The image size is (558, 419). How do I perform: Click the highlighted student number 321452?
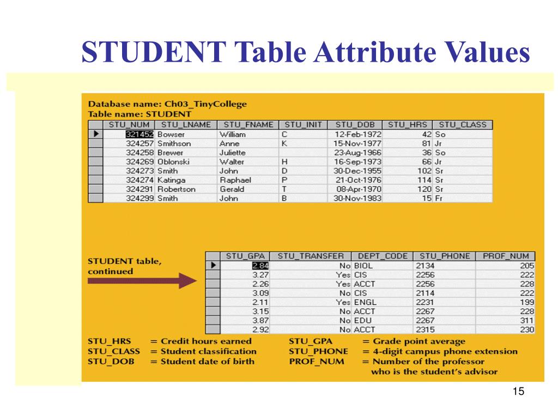pos(140,134)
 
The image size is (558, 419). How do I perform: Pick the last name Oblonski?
pos(174,162)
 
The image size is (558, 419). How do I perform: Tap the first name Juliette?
pos(232,153)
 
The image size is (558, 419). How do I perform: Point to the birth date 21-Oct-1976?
pos(358,180)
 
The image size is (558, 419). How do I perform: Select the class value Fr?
pos(439,199)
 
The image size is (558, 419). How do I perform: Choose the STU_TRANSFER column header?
pos(311,256)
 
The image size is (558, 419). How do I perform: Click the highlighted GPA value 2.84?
pos(260,266)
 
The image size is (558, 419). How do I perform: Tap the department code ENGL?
pos(365,302)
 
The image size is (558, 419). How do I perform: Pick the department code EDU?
pos(362,321)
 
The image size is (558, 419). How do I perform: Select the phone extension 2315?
pos(424,330)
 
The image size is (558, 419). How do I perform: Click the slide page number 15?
pos(518,392)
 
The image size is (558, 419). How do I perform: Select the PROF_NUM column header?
pos(505,256)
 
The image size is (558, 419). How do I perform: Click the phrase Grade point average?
pos(419,342)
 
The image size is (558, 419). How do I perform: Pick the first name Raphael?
pos(235,180)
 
